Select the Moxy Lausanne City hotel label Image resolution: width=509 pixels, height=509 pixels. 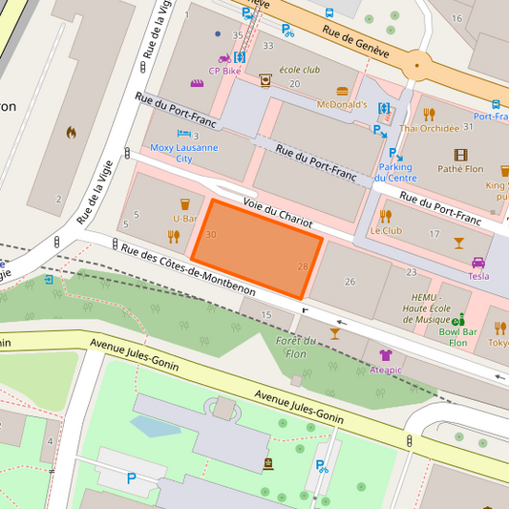click(x=183, y=153)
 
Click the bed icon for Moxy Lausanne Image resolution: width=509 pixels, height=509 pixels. click(x=183, y=136)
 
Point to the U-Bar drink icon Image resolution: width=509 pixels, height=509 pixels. click(x=184, y=203)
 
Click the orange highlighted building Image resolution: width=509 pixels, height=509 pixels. click(x=256, y=247)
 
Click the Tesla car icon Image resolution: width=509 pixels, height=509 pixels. click(x=477, y=263)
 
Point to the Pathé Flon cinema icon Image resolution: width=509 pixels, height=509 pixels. click(x=461, y=155)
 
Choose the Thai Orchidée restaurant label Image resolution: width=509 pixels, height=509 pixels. click(x=430, y=128)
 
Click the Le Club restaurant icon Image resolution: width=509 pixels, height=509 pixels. click(x=385, y=216)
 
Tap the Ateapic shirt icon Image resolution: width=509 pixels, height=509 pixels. click(x=385, y=355)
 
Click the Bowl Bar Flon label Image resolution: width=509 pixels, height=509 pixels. click(x=458, y=337)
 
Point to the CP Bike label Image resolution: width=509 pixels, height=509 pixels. click(x=225, y=70)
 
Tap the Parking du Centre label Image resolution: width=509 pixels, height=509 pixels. click(x=394, y=172)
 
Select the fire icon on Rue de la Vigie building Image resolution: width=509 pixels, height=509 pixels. click(x=71, y=133)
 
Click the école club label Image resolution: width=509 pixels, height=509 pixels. click(x=298, y=70)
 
